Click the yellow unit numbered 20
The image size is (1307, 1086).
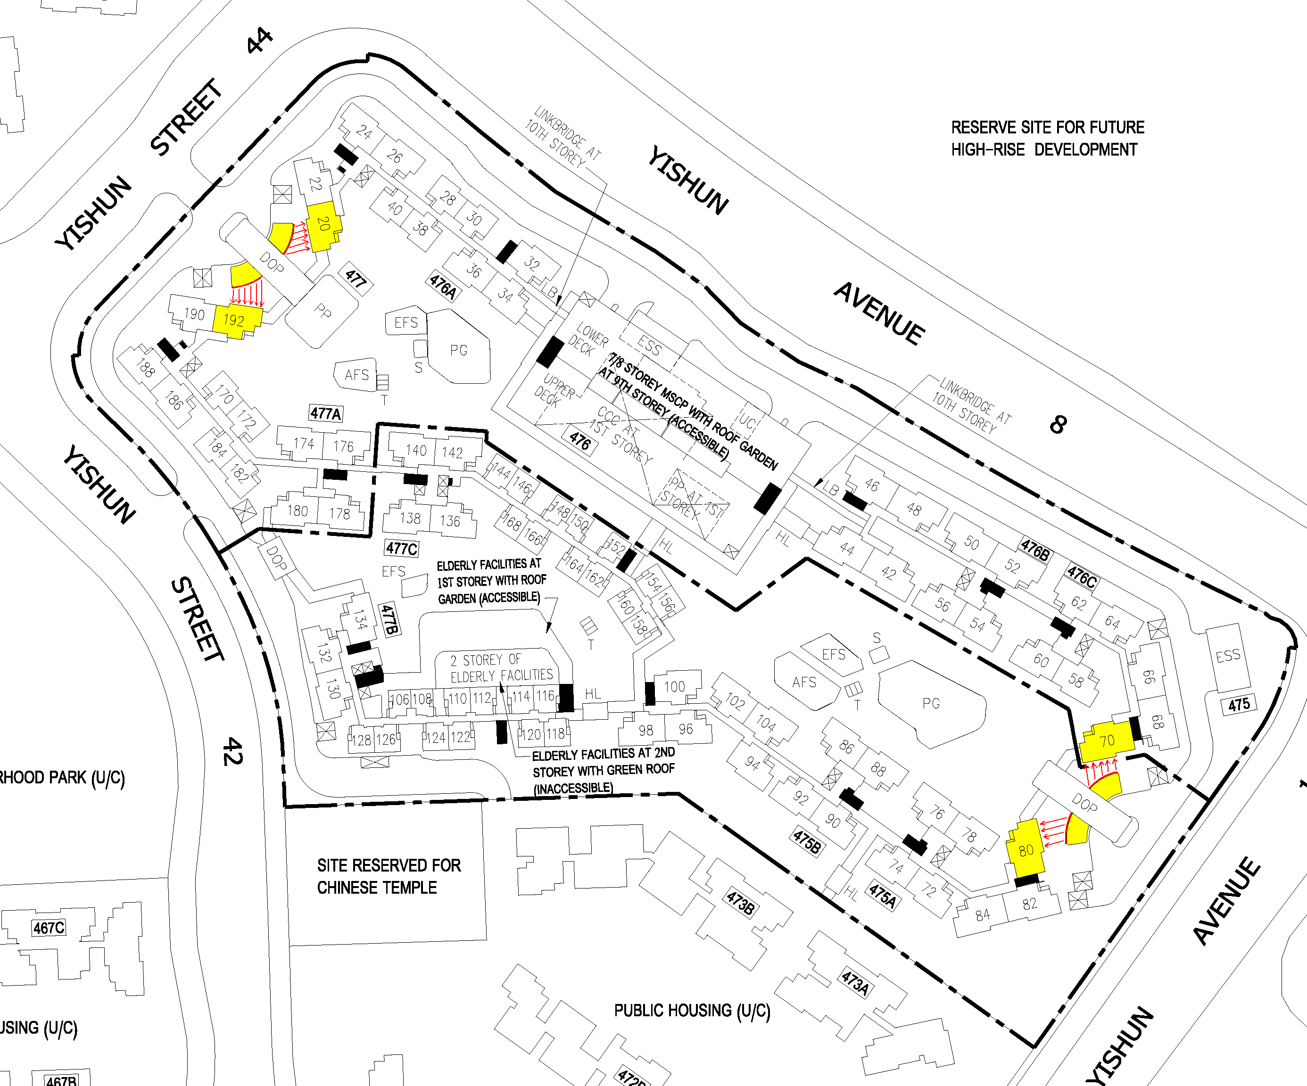(323, 224)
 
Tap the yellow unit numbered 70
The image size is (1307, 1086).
(1107, 740)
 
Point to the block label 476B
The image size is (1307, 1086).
(1035, 550)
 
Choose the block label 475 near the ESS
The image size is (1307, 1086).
(1239, 705)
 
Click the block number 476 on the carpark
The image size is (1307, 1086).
(580, 442)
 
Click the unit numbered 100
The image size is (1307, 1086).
(674, 686)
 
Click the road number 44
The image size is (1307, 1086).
(259, 41)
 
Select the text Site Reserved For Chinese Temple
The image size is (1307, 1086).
(389, 876)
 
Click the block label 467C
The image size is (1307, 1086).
(49, 929)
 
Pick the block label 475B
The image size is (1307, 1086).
(807, 842)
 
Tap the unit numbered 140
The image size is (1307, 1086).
(416, 450)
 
